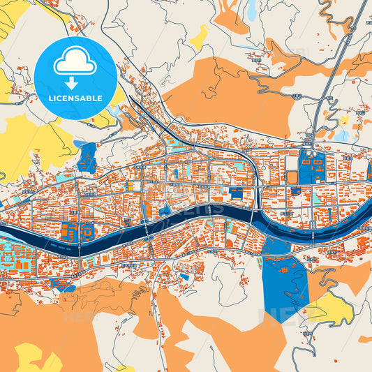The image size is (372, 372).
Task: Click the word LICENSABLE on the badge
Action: [x=75, y=98]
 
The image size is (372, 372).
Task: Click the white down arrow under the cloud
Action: [x=75, y=83]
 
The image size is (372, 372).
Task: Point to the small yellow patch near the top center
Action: [x=199, y=37]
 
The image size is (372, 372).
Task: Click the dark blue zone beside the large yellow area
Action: [x=87, y=158]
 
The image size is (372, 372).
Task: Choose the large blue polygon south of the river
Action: [x=285, y=276]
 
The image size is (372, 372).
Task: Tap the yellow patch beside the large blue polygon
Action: [x=328, y=307]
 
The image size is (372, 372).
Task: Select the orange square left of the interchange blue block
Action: [x=292, y=177]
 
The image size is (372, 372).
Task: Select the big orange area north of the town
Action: [x=230, y=91]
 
